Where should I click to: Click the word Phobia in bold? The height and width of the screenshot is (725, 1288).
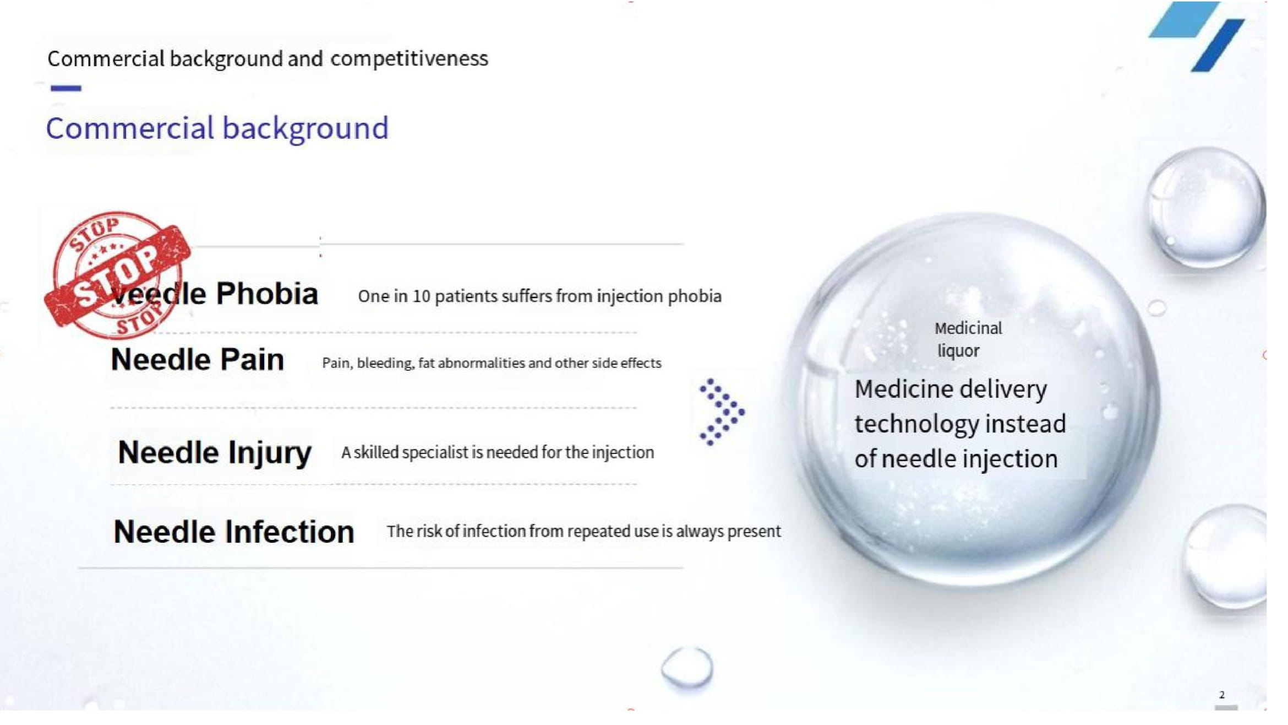pos(268,294)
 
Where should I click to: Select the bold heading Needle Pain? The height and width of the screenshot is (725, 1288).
pos(197,360)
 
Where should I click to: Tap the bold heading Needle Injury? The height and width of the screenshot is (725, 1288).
pos(215,453)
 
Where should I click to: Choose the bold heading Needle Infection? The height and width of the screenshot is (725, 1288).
pos(234,532)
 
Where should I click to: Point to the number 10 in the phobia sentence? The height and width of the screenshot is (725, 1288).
pos(421,297)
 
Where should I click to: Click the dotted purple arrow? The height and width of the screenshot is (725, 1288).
pos(722,412)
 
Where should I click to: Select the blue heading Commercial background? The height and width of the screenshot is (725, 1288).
pos(217,129)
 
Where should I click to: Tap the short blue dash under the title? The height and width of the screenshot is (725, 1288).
pos(66,88)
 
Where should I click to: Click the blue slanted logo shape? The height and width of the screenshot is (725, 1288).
pos(1198,36)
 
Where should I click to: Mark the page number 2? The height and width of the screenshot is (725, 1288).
pos(1221,695)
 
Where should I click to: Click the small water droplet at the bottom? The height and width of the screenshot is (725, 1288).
pos(687,668)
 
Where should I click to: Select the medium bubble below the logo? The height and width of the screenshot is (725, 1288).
pos(1206,208)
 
